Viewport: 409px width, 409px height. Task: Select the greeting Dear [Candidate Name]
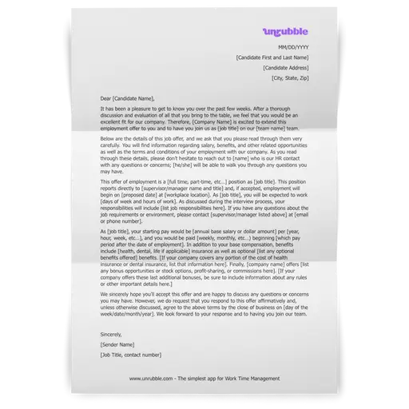(x=125, y=97)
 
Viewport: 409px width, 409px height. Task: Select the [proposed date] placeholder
(x=129, y=193)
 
